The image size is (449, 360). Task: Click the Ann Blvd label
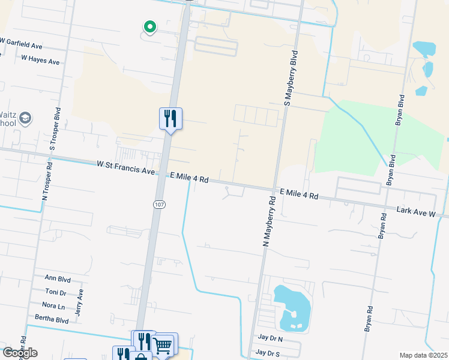pos(58,279)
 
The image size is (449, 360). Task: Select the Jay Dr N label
pos(270,339)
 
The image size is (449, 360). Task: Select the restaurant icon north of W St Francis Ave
pos(170,118)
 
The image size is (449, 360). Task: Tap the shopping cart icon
pos(163,344)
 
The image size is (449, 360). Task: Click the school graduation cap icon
pos(25,117)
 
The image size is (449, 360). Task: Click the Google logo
pos(19,353)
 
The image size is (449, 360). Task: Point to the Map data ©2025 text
pos(423,355)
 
